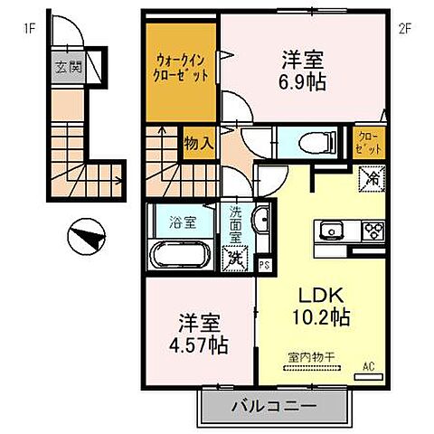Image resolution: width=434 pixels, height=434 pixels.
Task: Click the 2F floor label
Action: [x=405, y=26]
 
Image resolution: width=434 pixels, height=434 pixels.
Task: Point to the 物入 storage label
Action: [x=199, y=143]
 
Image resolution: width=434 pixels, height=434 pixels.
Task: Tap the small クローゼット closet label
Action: [x=368, y=142]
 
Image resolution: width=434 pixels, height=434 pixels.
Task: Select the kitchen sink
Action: [x=328, y=229]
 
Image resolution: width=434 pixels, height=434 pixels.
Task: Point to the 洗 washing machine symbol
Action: [x=234, y=257]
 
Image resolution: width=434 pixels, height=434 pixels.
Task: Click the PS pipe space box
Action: [x=264, y=265]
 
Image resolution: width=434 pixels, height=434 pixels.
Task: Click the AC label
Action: [x=369, y=365]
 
